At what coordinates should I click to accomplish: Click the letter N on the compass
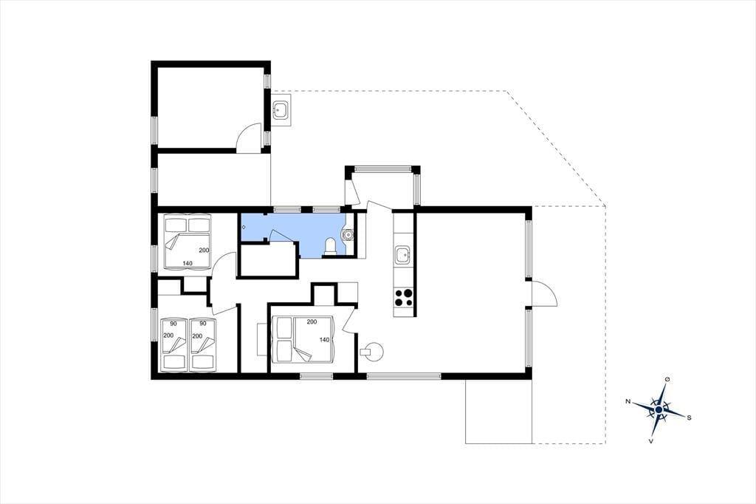click(628, 401)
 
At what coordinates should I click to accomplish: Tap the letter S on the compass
click(689, 418)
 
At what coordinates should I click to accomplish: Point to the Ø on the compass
click(667, 380)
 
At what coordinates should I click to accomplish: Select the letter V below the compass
click(651, 440)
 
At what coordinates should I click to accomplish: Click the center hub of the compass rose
click(659, 409)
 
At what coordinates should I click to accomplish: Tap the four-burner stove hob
click(404, 297)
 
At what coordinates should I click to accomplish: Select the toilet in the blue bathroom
click(331, 246)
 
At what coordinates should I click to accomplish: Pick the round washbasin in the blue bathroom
click(348, 235)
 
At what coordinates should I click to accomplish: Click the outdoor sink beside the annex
click(280, 110)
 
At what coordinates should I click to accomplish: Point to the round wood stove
click(372, 351)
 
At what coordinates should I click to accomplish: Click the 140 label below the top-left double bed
click(187, 263)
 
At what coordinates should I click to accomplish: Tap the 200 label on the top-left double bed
click(204, 250)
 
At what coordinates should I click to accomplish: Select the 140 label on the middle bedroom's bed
click(325, 340)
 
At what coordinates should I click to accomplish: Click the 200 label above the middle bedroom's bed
click(312, 321)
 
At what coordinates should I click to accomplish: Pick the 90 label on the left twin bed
click(173, 324)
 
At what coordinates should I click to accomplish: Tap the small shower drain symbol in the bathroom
click(244, 227)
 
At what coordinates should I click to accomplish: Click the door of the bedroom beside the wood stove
click(348, 320)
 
